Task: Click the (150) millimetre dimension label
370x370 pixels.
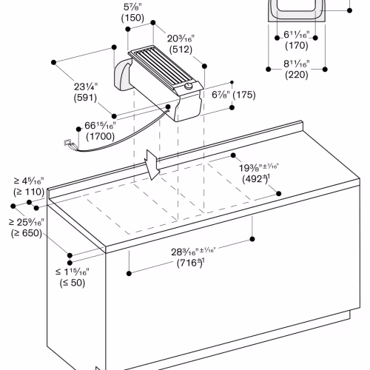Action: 132,18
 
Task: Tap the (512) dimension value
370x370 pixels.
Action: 181,50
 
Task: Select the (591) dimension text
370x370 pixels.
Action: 85,98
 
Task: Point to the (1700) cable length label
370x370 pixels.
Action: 100,136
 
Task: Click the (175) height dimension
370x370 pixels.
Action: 244,95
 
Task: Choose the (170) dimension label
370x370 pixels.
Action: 297,46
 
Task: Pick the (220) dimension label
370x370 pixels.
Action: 297,75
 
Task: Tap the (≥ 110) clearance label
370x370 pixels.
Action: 29,192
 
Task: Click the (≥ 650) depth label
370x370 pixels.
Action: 27,233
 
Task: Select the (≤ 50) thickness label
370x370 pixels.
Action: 73,283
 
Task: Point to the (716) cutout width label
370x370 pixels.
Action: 191,263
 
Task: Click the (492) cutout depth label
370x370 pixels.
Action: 256,179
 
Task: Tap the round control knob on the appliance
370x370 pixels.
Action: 189,86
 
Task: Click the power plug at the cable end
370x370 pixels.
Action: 70,145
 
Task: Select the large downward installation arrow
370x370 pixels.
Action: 152,164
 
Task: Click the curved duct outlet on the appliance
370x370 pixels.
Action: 123,75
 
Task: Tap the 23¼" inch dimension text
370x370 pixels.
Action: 86,87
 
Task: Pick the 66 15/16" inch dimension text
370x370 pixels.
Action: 100,126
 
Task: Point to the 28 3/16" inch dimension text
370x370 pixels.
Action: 193,252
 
